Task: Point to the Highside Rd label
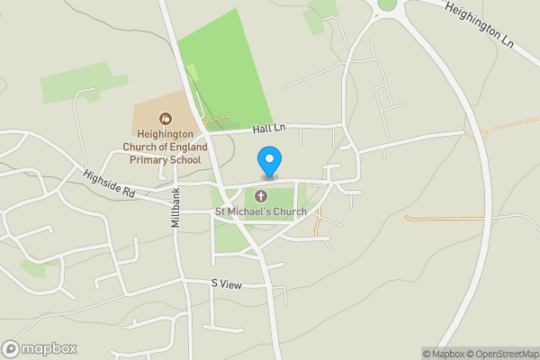tap(109, 184)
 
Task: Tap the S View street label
tap(227, 283)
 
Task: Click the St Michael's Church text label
tap(260, 212)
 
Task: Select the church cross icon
tap(261, 196)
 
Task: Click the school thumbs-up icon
tap(165, 118)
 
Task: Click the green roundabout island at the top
tap(388, 4)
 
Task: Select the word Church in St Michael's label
tap(288, 212)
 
